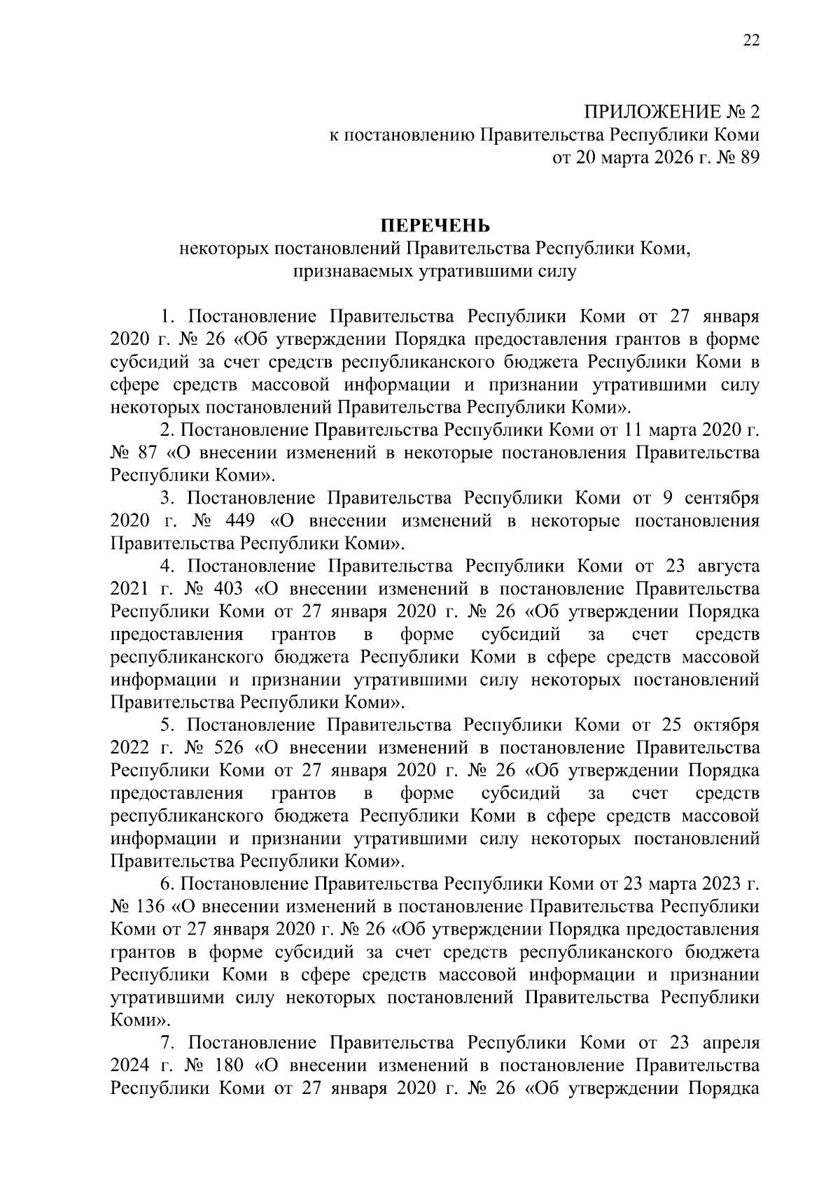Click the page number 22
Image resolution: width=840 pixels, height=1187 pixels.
tap(750, 41)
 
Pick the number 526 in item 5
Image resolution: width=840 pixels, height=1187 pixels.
tap(225, 748)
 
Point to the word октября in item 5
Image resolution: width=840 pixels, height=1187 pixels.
tap(725, 725)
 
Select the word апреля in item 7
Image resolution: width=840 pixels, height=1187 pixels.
tap(728, 1044)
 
